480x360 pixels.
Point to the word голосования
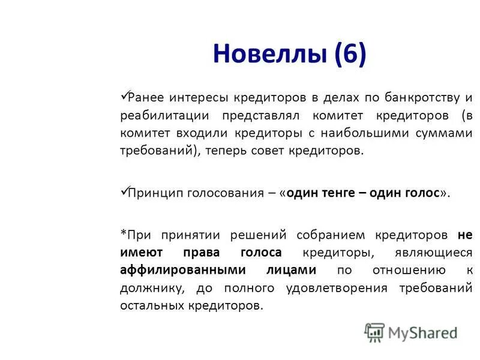click(x=224, y=193)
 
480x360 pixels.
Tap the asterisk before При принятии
click(x=123, y=233)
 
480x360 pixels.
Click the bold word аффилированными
click(x=175, y=271)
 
